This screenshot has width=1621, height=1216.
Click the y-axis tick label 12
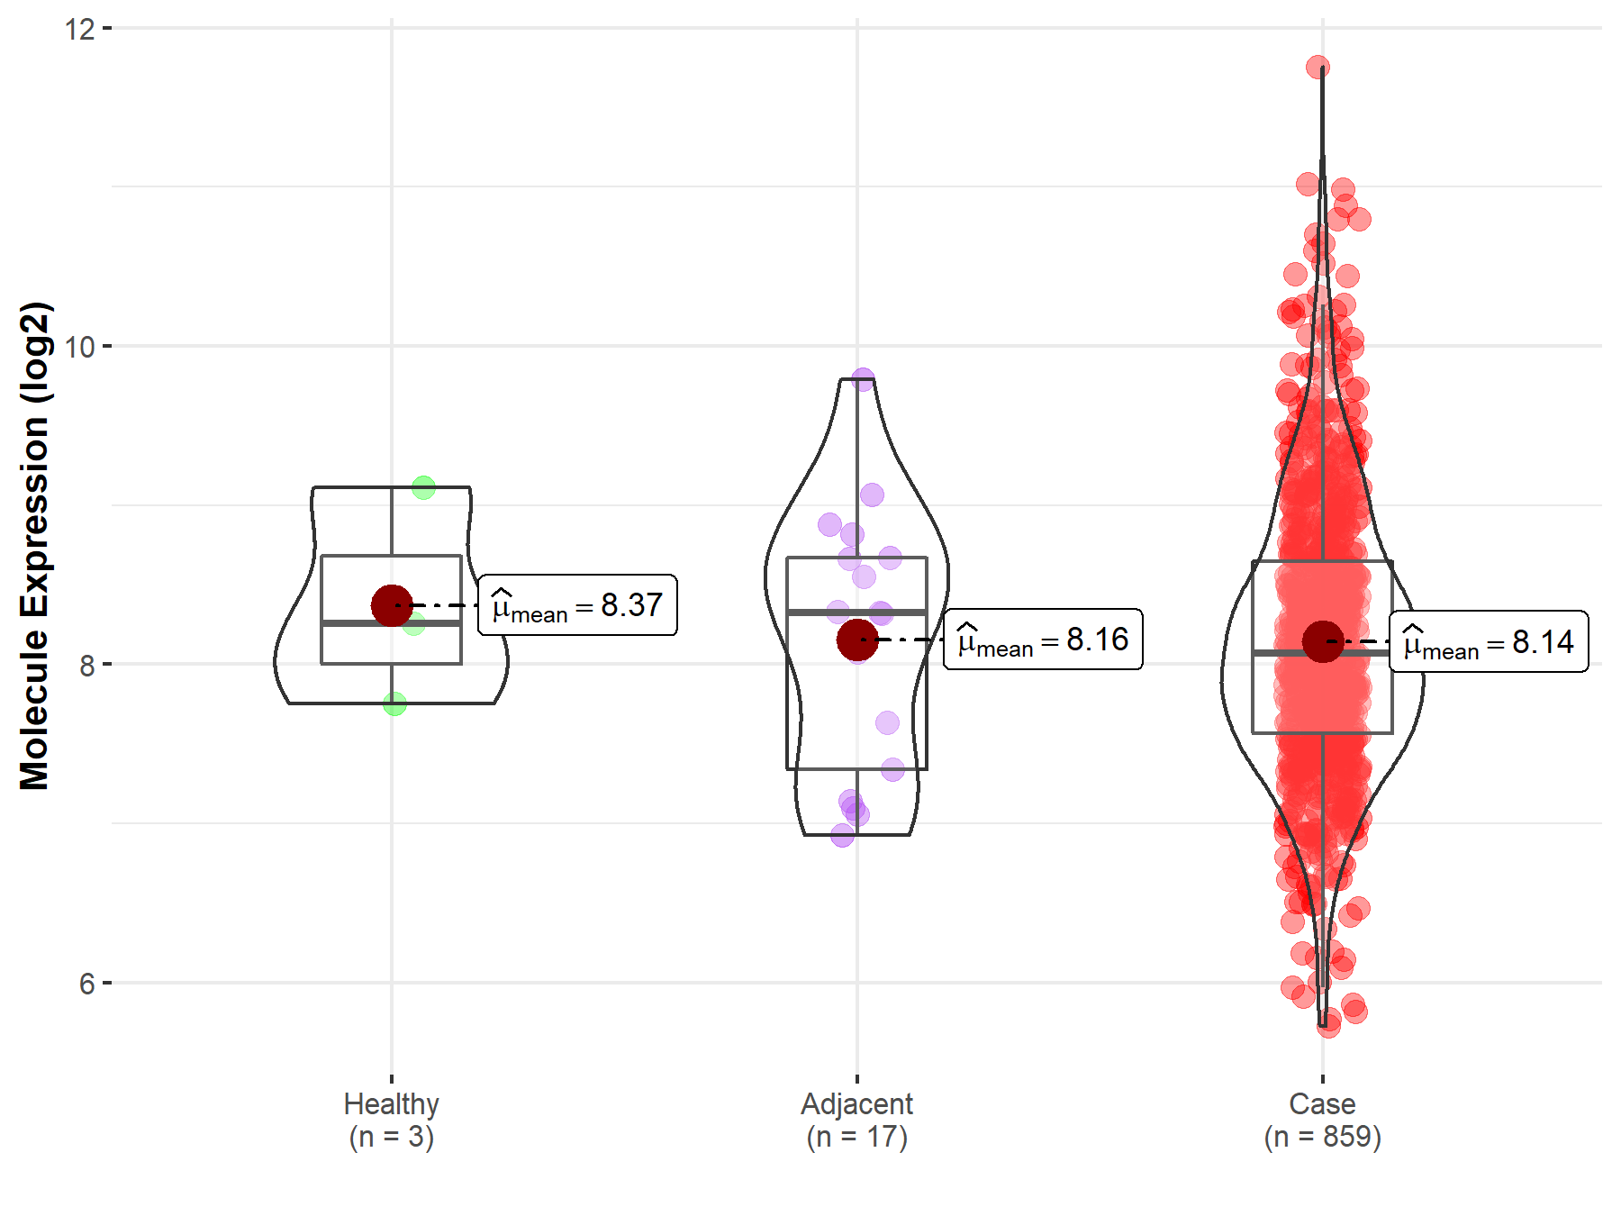coord(79,29)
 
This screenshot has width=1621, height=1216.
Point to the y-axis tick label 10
coord(79,347)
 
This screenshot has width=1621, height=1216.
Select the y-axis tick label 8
coord(86,666)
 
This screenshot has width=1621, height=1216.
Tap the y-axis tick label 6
coord(86,984)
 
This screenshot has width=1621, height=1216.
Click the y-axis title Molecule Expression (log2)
coord(34,546)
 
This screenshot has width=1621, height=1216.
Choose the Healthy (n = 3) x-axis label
coord(392,1120)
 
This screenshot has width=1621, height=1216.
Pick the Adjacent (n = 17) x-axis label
coord(856,1120)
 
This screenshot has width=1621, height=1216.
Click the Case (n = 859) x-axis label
coord(1322,1120)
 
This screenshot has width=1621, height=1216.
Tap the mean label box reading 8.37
coord(577,605)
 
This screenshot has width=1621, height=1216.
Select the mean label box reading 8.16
coord(1043,640)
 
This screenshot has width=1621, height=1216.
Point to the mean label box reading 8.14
coord(1489,642)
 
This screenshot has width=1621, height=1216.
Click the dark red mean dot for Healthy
coord(392,605)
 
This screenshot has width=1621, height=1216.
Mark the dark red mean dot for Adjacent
coord(856,640)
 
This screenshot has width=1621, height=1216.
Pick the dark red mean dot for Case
coord(1322,641)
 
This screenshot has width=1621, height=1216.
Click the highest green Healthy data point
coord(423,488)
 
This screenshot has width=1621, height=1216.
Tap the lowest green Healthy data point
coord(394,704)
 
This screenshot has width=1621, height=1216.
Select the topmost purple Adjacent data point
coord(863,378)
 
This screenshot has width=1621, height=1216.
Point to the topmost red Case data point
coord(1318,68)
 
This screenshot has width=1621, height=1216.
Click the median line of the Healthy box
coord(392,622)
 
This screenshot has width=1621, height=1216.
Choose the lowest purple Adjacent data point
coord(842,836)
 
